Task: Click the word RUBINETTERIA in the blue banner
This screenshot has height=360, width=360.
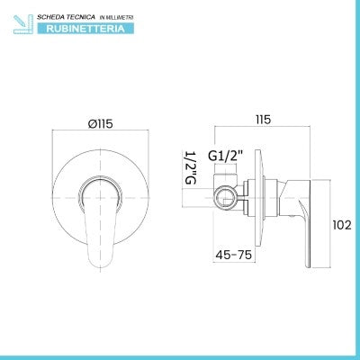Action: pyautogui.click(x=85, y=29)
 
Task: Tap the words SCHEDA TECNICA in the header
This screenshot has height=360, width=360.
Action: pyautogui.click(x=66, y=17)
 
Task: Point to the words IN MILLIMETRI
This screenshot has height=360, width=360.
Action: pyautogui.click(x=116, y=18)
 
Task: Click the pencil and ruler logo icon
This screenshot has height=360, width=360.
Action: pyautogui.click(x=22, y=24)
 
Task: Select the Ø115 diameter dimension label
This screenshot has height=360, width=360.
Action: pyautogui.click(x=101, y=123)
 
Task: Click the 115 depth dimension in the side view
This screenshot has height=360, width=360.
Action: pyautogui.click(x=263, y=120)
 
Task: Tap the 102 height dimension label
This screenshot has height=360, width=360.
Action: pyautogui.click(x=342, y=225)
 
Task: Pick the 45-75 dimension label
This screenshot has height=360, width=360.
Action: pyautogui.click(x=234, y=255)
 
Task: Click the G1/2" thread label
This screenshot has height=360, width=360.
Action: pyautogui.click(x=225, y=156)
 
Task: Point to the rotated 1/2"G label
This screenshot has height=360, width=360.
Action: pyautogui.click(x=191, y=167)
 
